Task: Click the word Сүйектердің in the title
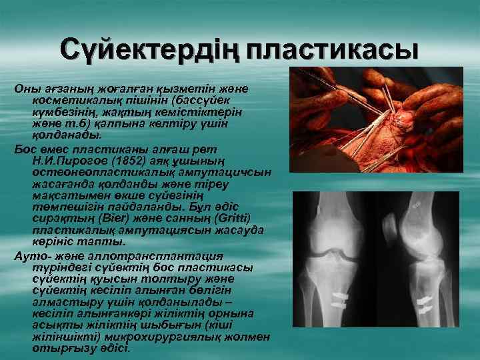tap(148, 51)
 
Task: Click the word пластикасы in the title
tap(332, 51)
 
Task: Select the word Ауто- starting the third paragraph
tap(32, 257)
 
